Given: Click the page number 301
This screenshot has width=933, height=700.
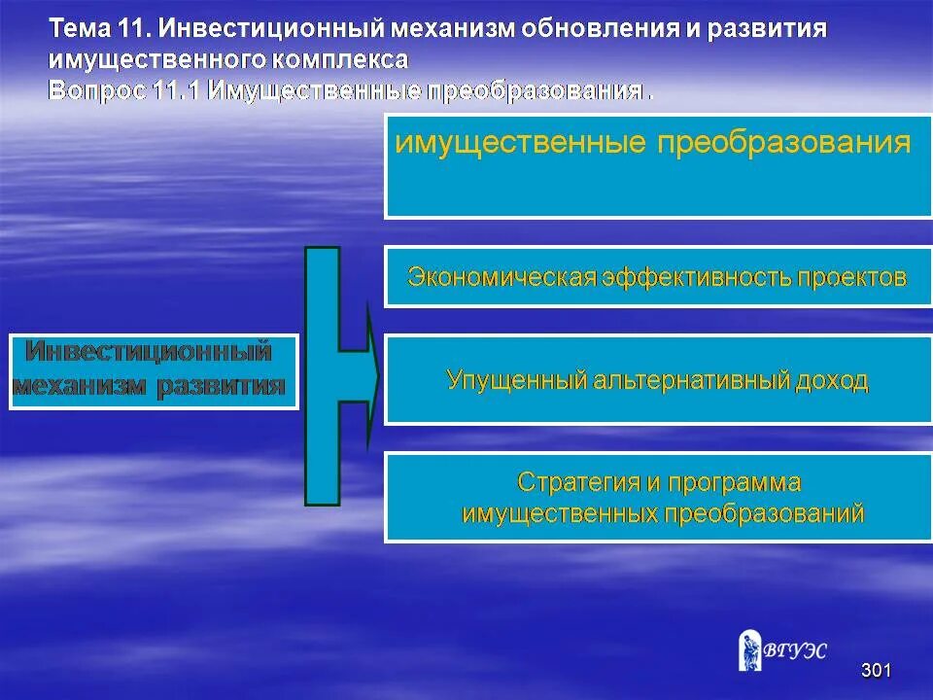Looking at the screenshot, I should pyautogui.click(x=876, y=670).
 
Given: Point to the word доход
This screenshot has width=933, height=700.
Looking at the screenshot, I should pyautogui.click(x=831, y=379).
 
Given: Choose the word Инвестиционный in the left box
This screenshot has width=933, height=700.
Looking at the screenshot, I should pyautogui.click(x=148, y=350).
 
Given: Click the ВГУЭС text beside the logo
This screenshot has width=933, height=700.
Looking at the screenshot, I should pyautogui.click(x=798, y=651).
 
